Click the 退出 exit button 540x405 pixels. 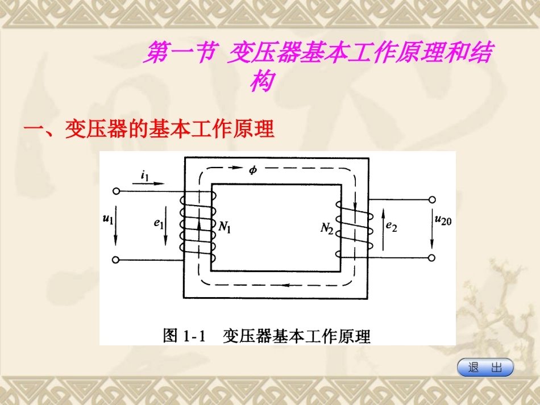[485, 368]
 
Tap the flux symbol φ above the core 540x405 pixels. [253, 170]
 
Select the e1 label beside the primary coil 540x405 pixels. [158, 223]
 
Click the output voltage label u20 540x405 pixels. [443, 220]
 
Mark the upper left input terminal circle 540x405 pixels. [116, 191]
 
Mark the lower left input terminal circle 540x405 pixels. [116, 260]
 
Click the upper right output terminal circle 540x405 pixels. [432, 200]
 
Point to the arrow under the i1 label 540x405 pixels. [152, 184]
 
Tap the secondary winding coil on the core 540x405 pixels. [354, 226]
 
